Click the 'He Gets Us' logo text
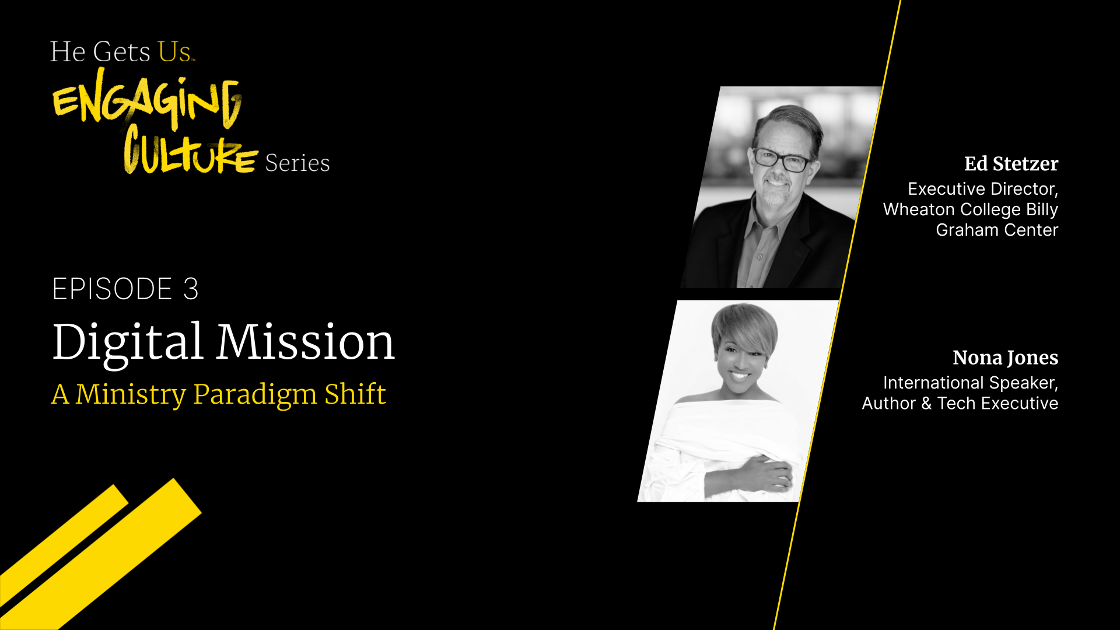[123, 51]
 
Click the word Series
[297, 163]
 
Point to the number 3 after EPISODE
[191, 289]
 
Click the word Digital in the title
[128, 342]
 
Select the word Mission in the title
[306, 341]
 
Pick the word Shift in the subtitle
[355, 393]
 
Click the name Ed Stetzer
[1011, 164]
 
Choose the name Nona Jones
[1005, 358]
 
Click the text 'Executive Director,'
[983, 189]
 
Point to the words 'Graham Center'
[997, 230]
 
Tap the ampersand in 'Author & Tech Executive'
[926, 403]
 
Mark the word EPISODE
[113, 289]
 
